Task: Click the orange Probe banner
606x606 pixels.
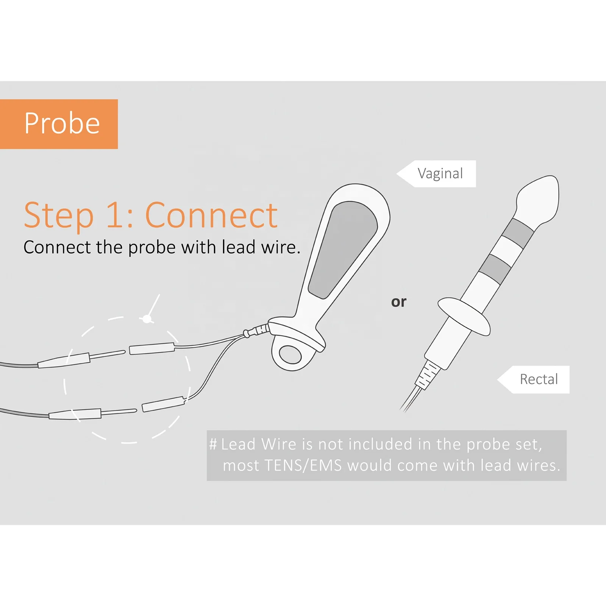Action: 59,124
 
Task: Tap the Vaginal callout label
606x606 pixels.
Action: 440,174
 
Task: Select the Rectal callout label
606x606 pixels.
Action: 538,379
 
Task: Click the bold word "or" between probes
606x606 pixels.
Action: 398,302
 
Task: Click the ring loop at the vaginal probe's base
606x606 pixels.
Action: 291,355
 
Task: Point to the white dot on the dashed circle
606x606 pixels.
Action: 147,319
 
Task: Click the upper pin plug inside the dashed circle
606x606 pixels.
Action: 151,348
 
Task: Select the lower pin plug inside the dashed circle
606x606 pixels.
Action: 163,404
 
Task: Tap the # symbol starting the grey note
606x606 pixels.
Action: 213,444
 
